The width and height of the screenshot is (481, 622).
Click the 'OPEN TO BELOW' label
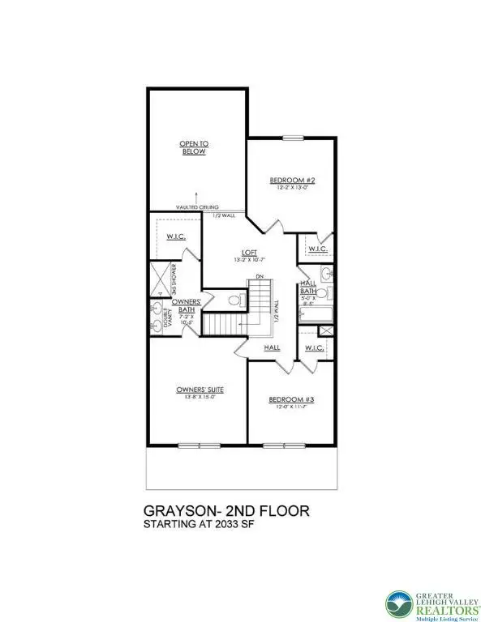[x=194, y=147]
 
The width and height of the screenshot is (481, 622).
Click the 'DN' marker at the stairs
[x=260, y=278]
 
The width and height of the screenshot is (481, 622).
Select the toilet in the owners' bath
[x=234, y=301]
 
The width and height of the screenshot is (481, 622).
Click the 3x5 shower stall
[x=161, y=278]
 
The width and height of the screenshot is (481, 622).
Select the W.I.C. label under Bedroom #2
[x=316, y=249]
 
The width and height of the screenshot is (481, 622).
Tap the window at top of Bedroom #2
[x=290, y=137]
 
